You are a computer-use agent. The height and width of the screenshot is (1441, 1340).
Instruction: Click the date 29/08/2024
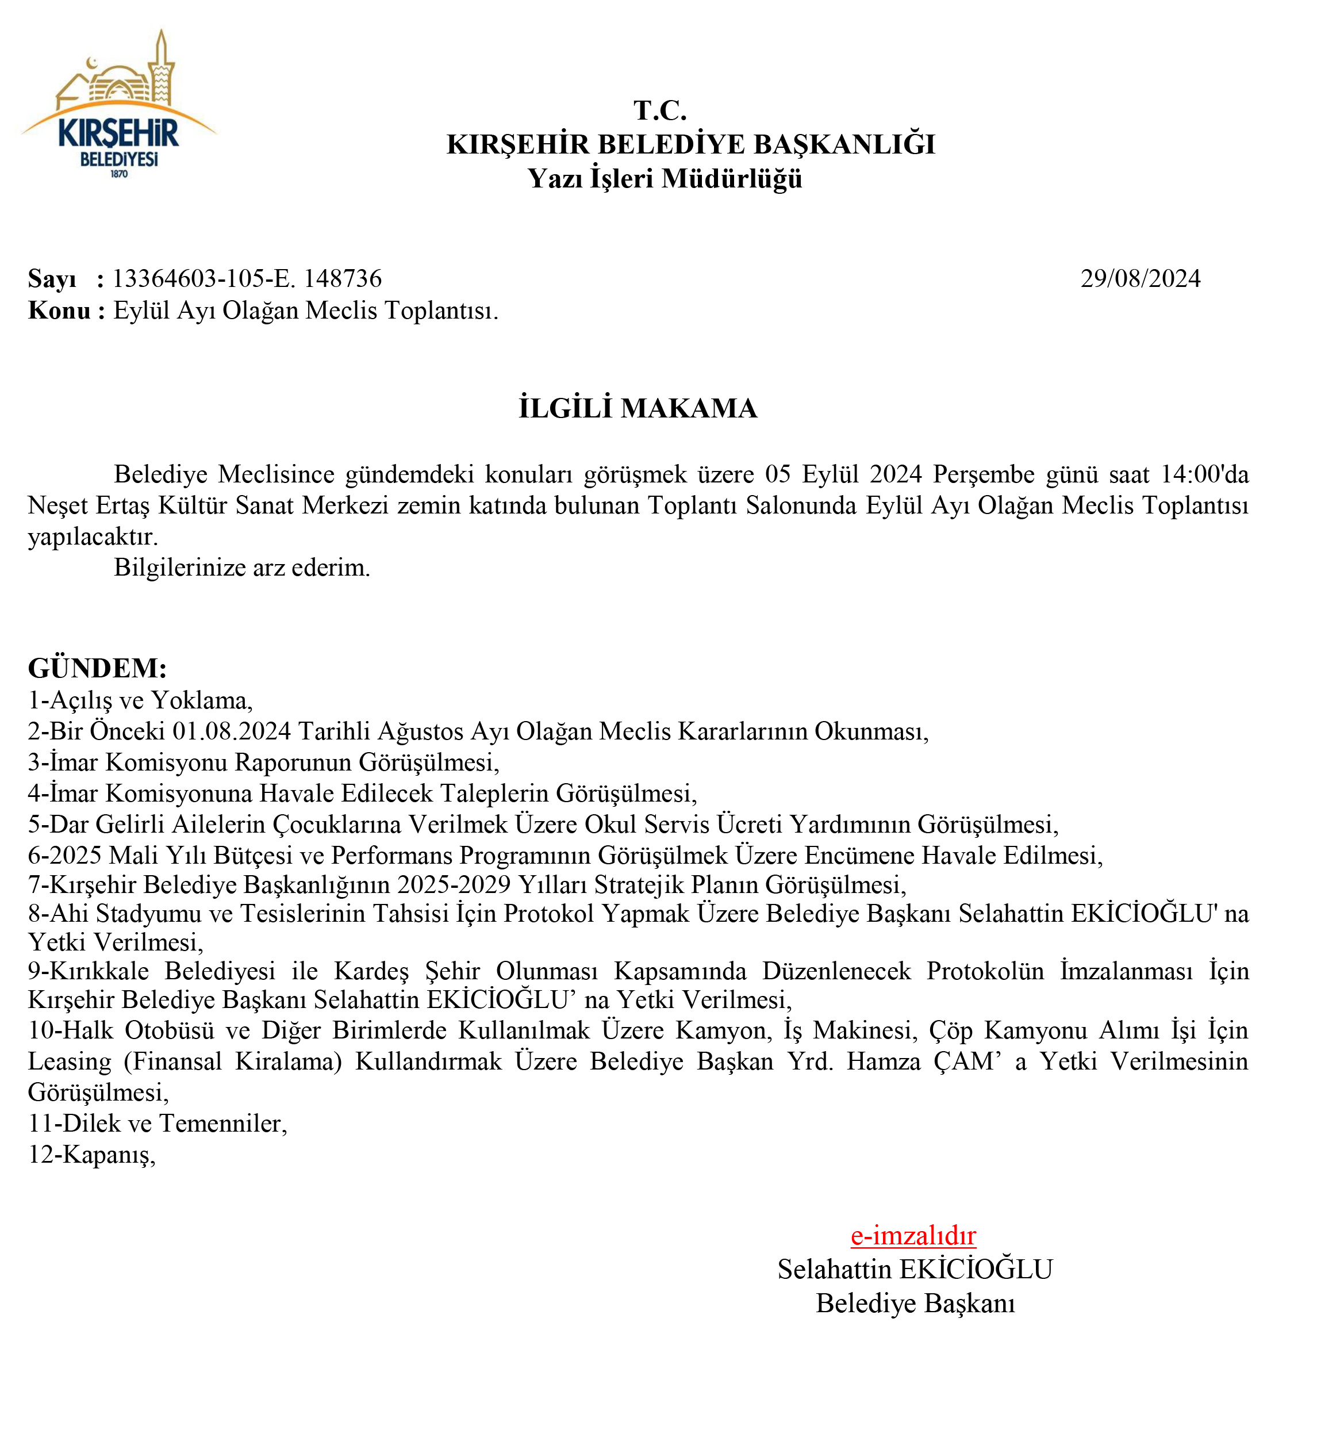pos(1140,278)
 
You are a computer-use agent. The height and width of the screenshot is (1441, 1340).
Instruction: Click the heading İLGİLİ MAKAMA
pos(638,408)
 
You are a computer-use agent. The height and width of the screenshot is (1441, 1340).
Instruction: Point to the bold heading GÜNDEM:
pos(97,668)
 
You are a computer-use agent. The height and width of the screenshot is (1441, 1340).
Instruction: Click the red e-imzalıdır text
pos(913,1235)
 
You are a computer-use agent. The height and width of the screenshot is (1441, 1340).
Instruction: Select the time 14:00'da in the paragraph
pos(1204,474)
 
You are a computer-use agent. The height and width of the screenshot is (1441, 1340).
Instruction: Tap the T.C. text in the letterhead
pos(659,110)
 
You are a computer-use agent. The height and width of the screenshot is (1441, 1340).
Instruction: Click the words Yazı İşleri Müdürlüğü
pos(665,178)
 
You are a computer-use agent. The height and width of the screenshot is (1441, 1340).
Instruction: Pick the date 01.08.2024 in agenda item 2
pos(231,731)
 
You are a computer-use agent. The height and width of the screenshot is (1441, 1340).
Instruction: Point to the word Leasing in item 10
pos(70,1061)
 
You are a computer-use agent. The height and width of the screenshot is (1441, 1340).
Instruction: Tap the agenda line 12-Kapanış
pos(92,1154)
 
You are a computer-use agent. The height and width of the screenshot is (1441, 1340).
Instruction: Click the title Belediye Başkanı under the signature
pos(915,1303)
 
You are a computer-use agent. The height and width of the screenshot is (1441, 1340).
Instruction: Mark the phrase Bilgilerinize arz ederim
pos(242,567)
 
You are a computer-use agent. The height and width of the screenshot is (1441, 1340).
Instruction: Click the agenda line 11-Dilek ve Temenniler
pos(158,1123)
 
